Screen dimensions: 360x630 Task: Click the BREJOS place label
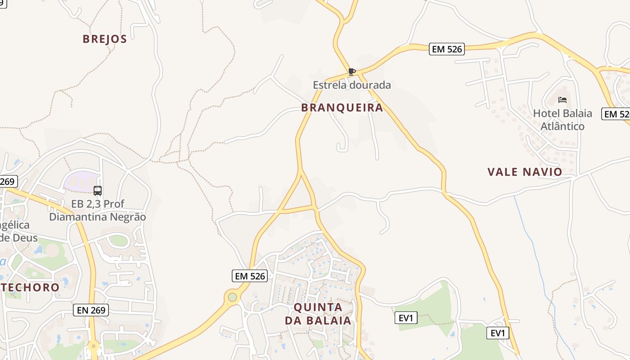click(105, 39)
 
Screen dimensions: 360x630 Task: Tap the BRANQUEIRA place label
click(342, 108)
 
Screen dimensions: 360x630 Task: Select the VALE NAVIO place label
click(525, 172)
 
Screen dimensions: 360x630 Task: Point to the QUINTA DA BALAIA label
click(318, 314)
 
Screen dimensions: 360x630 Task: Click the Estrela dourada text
click(352, 85)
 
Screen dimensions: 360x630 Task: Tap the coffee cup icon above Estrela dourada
click(352, 72)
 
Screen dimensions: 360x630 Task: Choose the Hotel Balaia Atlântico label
click(562, 120)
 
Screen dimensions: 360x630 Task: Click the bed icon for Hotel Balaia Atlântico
click(562, 100)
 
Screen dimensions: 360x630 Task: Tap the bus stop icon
click(98, 191)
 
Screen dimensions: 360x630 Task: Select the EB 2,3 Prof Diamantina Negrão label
click(98, 211)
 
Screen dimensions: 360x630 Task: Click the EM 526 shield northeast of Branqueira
click(446, 49)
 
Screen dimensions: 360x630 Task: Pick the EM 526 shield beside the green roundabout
click(250, 276)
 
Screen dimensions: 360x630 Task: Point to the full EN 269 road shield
click(91, 310)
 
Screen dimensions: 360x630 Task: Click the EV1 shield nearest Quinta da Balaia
click(406, 318)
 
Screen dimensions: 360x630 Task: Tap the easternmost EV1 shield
click(498, 333)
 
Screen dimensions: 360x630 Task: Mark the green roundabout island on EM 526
click(232, 297)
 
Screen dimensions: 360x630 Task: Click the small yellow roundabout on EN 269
click(94, 346)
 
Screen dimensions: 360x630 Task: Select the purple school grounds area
click(81, 181)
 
